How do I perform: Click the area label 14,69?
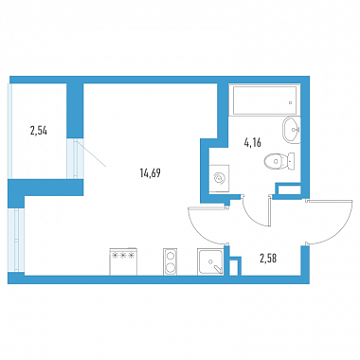pos(150,172)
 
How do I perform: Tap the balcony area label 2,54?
pos(39,131)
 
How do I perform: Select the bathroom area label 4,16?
pos(252,143)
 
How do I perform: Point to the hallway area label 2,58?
pos(268,259)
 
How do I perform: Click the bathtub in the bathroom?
pos(264,100)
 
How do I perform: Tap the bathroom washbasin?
pos(291,130)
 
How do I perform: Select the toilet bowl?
pos(274,161)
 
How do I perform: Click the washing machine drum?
pos(219,178)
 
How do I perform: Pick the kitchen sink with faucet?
pos(210,261)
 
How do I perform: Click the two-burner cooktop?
pos(171,261)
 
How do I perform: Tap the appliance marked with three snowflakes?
pos(123,261)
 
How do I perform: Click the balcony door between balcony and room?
pos(76,159)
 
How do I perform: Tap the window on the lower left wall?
pos(16,240)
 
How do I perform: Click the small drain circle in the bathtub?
pos(291,102)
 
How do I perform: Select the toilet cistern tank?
pos(291,161)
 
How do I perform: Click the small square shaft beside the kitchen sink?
pos(234,267)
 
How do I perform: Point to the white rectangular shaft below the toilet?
pos(289,190)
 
